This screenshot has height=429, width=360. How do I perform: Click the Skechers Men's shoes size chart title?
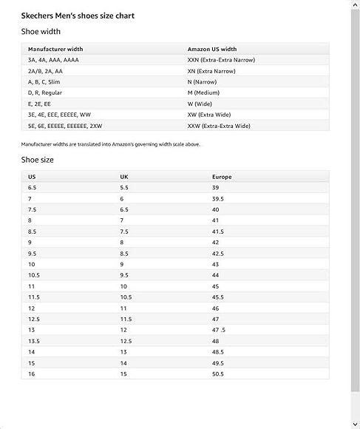(78, 15)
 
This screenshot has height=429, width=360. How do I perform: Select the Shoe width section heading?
(41, 32)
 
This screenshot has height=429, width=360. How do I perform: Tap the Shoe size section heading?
(38, 160)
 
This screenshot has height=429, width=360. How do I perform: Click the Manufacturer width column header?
(55, 49)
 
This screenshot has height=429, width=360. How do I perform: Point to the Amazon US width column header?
(211, 49)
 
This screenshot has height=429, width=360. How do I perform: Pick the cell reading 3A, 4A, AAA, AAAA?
(53, 59)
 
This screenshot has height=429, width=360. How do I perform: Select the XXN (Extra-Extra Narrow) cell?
(221, 59)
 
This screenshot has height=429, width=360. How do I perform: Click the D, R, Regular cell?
(45, 92)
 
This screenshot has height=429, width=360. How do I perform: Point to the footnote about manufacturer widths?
(111, 144)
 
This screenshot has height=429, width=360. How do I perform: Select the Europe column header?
(222, 177)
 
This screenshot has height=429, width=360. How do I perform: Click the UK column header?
(124, 177)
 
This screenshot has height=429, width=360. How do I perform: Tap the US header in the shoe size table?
(32, 177)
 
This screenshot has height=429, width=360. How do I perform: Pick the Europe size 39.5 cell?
(218, 199)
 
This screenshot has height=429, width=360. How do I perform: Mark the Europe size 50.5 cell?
(218, 374)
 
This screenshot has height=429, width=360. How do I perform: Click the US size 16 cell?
(31, 374)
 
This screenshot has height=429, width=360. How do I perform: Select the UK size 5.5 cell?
(124, 188)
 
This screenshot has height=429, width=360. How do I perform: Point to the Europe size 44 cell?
(216, 275)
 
